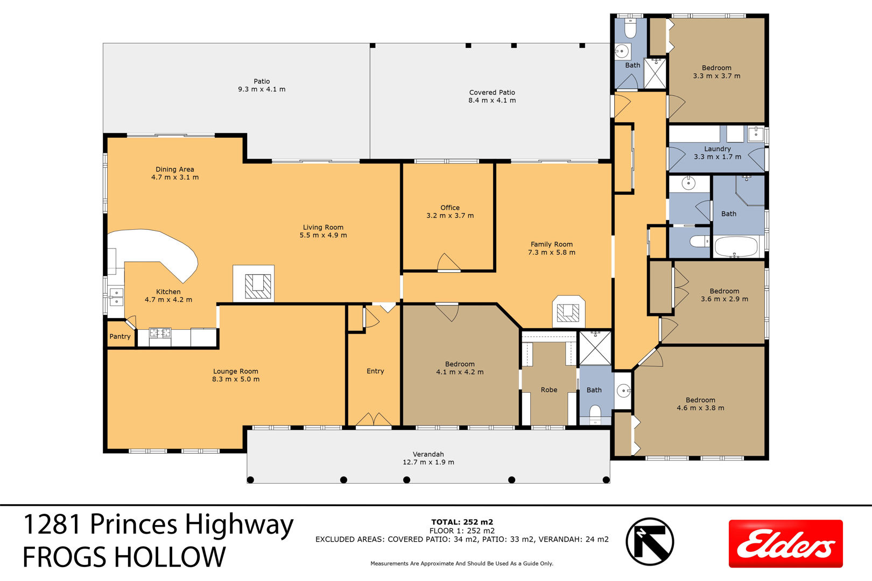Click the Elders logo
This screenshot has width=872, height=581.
tap(785, 543)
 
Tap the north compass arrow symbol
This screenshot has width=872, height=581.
tap(650, 541)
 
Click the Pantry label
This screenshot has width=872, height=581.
tap(120, 336)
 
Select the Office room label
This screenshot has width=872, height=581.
tap(450, 208)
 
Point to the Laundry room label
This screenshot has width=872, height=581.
tap(718, 148)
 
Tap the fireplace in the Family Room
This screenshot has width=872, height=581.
tap(568, 311)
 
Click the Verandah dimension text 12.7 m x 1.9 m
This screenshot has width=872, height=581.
tap(428, 462)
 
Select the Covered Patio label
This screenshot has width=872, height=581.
tap(492, 92)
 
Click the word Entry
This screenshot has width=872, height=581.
tap(375, 371)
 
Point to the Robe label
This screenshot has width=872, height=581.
tap(549, 389)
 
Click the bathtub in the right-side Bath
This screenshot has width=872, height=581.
tap(736, 246)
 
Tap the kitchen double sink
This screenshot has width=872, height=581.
tap(116, 296)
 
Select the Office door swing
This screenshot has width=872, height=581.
tap(449, 261)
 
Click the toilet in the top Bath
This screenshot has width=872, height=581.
tap(630, 27)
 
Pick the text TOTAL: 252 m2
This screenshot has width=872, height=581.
tap(462, 522)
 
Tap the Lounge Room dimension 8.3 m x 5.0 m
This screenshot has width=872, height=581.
tap(236, 379)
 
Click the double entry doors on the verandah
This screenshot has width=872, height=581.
tap(374, 420)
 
